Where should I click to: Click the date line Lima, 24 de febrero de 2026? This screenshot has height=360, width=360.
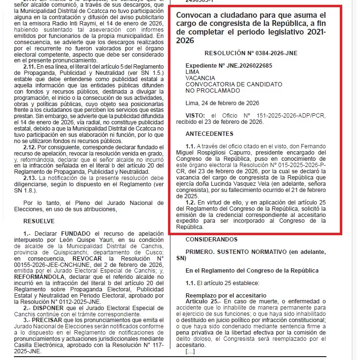tap(222, 103)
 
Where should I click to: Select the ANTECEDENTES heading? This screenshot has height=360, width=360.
tap(209, 133)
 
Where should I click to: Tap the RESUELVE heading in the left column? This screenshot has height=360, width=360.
tap(39, 221)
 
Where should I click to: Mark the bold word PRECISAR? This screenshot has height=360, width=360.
tap(47, 320)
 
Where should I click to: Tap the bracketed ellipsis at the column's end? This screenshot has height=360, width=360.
tap(190, 351)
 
